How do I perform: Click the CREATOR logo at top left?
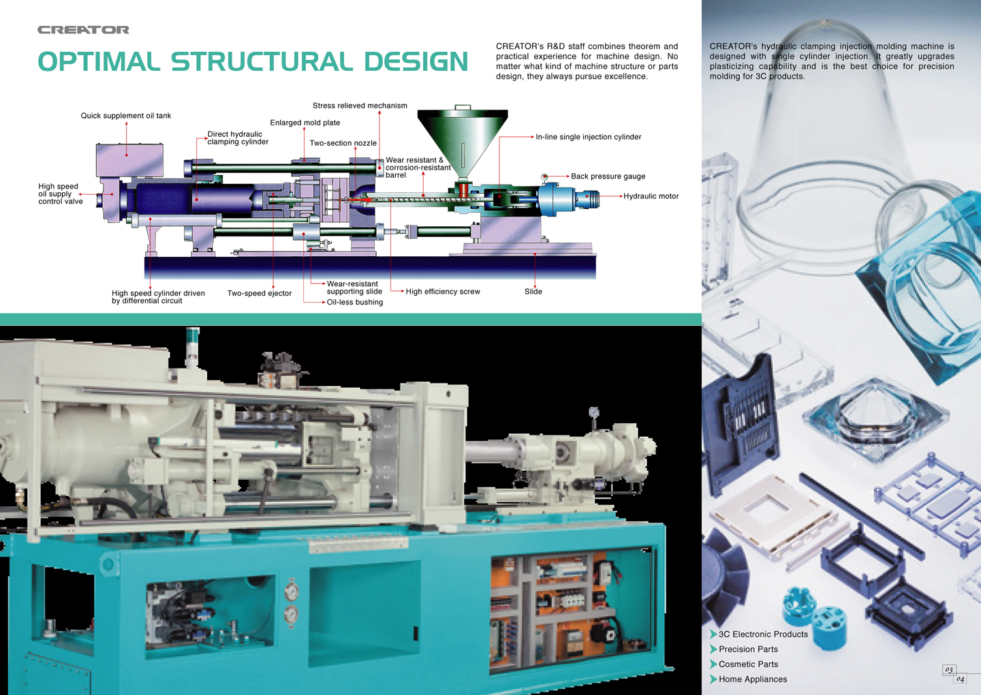(x=83, y=30)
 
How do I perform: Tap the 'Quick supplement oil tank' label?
(x=126, y=116)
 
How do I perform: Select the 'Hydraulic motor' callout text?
(x=651, y=196)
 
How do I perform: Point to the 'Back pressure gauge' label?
(x=608, y=176)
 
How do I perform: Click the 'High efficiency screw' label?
(x=443, y=292)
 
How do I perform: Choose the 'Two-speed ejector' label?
(x=259, y=294)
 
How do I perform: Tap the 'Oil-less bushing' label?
(x=354, y=303)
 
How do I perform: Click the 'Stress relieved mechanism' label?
(x=360, y=106)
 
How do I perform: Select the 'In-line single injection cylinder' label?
(x=588, y=137)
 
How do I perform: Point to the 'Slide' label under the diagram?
(x=533, y=292)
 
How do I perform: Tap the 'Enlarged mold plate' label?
(x=305, y=123)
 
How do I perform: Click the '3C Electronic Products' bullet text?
(x=763, y=634)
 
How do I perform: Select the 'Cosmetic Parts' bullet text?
(x=748, y=664)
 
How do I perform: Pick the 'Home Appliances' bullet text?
(x=753, y=679)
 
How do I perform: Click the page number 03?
(x=949, y=670)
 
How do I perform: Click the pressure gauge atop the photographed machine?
(x=594, y=412)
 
